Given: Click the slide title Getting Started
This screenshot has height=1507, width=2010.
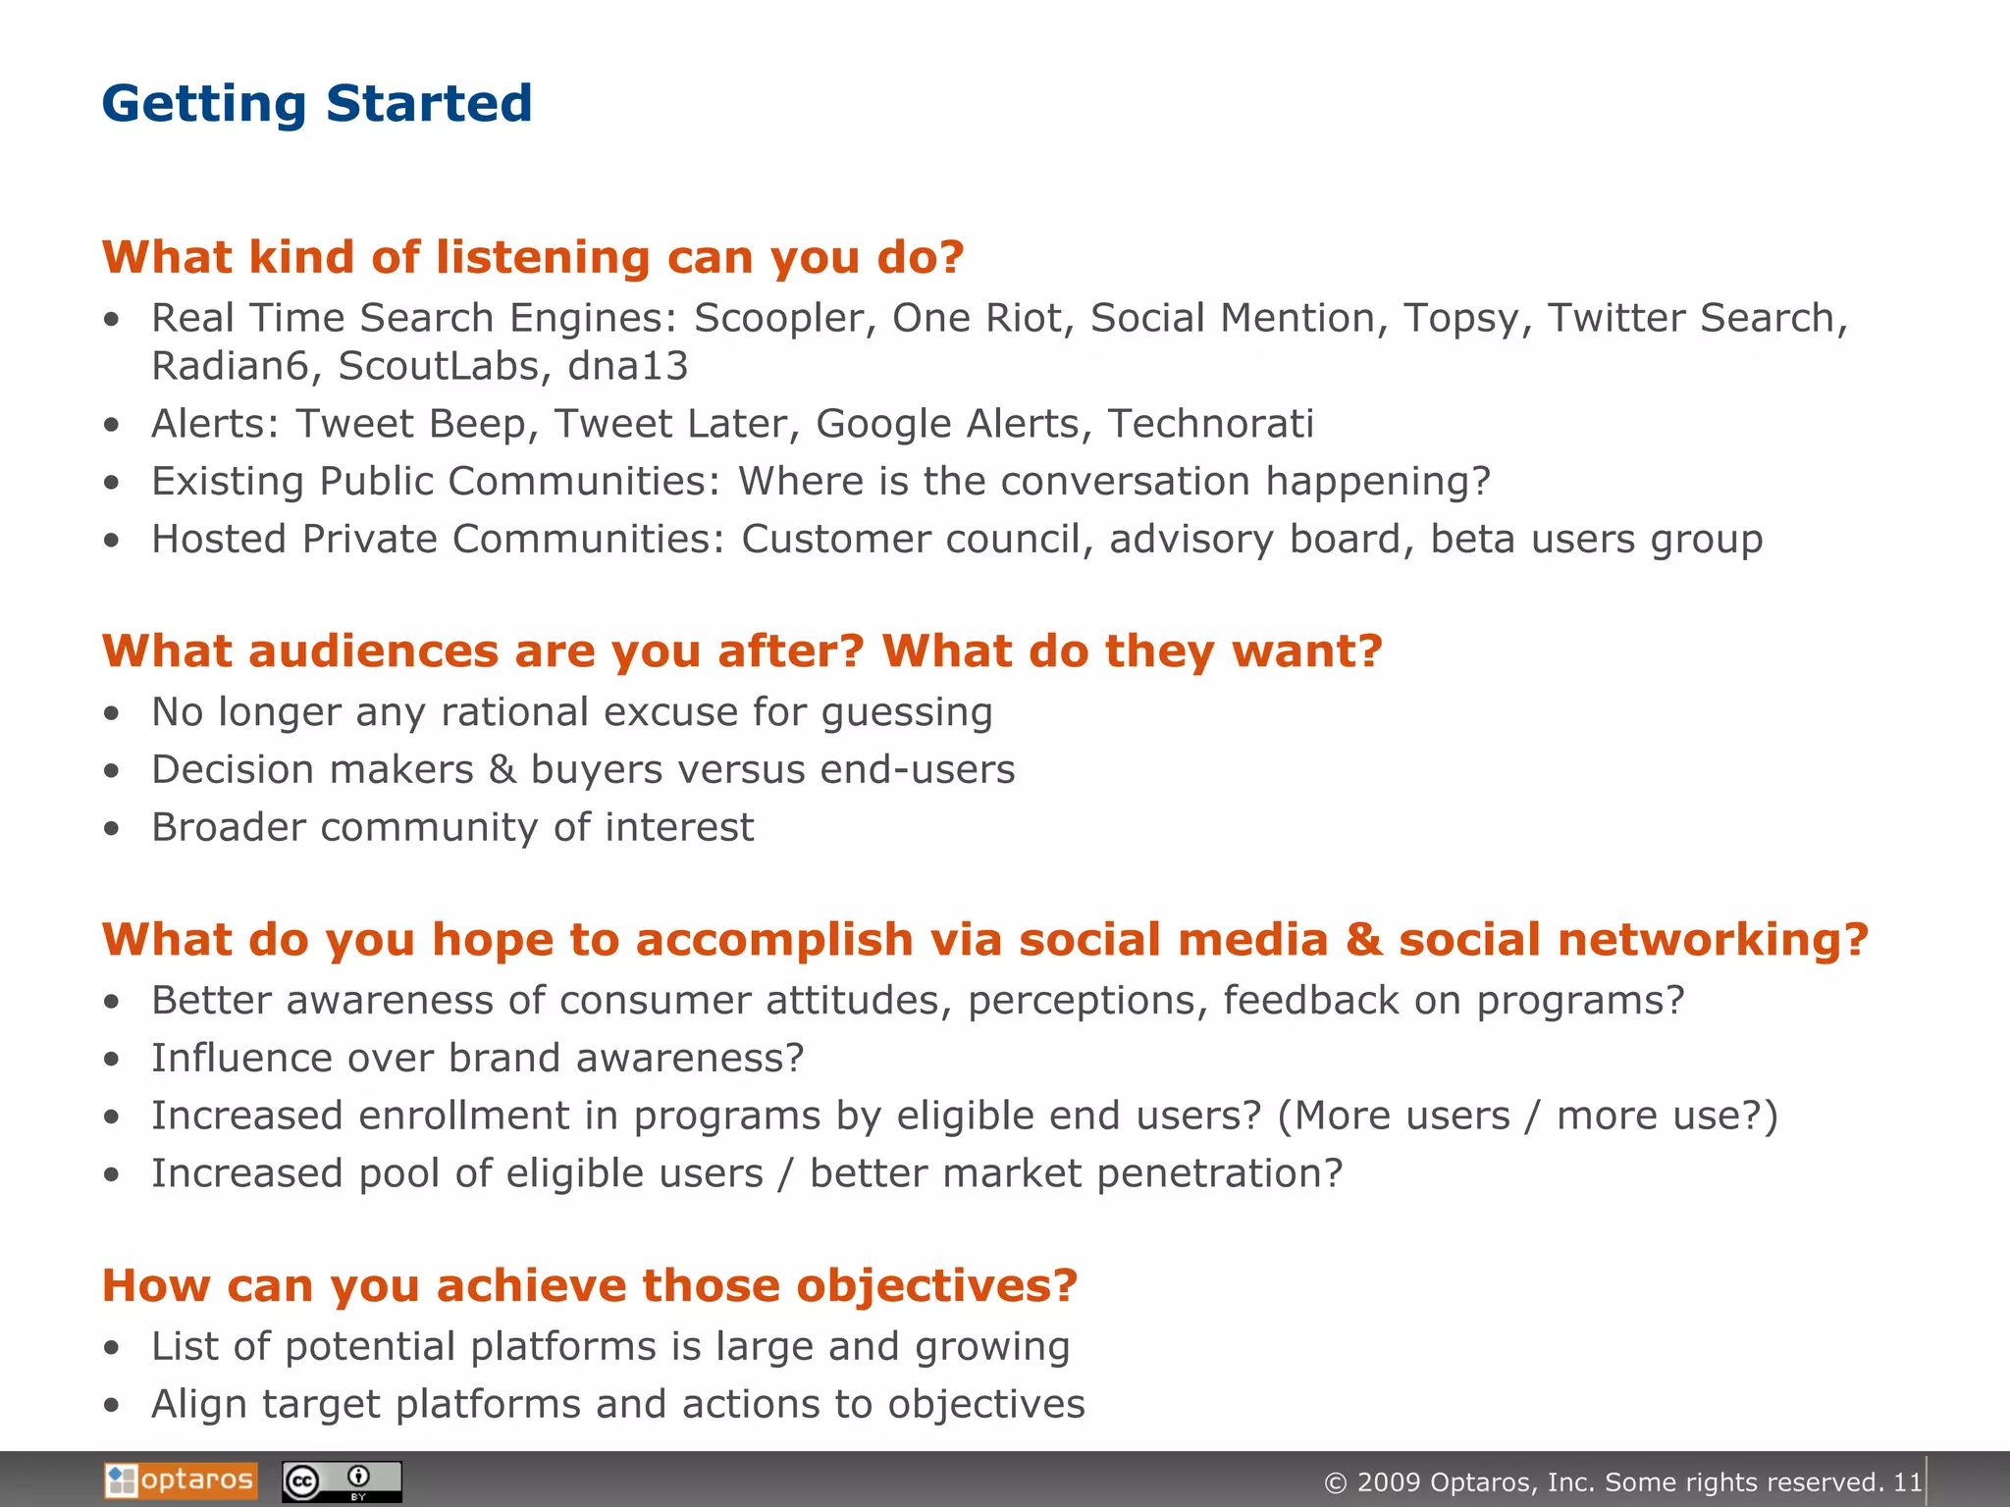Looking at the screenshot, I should (x=316, y=103).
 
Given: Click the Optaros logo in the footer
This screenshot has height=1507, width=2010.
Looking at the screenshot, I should (x=181, y=1480).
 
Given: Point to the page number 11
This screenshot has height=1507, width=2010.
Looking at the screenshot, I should (x=1907, y=1481).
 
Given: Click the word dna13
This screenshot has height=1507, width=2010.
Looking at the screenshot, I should (x=628, y=366).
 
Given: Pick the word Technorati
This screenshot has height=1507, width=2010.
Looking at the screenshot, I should (x=1210, y=424).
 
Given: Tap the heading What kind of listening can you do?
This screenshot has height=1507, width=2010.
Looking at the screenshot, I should (x=533, y=257).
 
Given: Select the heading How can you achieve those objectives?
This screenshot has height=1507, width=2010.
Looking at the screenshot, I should (x=589, y=1285).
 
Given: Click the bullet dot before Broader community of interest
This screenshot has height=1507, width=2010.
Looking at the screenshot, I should (x=112, y=829).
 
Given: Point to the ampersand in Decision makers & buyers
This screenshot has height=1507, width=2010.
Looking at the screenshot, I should (x=502, y=769).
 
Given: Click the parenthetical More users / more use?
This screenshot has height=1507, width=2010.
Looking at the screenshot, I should (x=1527, y=1117).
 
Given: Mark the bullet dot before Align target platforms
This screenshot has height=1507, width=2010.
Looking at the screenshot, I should (x=112, y=1406).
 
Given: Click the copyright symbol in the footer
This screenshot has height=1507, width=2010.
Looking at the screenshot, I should (x=1335, y=1482).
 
